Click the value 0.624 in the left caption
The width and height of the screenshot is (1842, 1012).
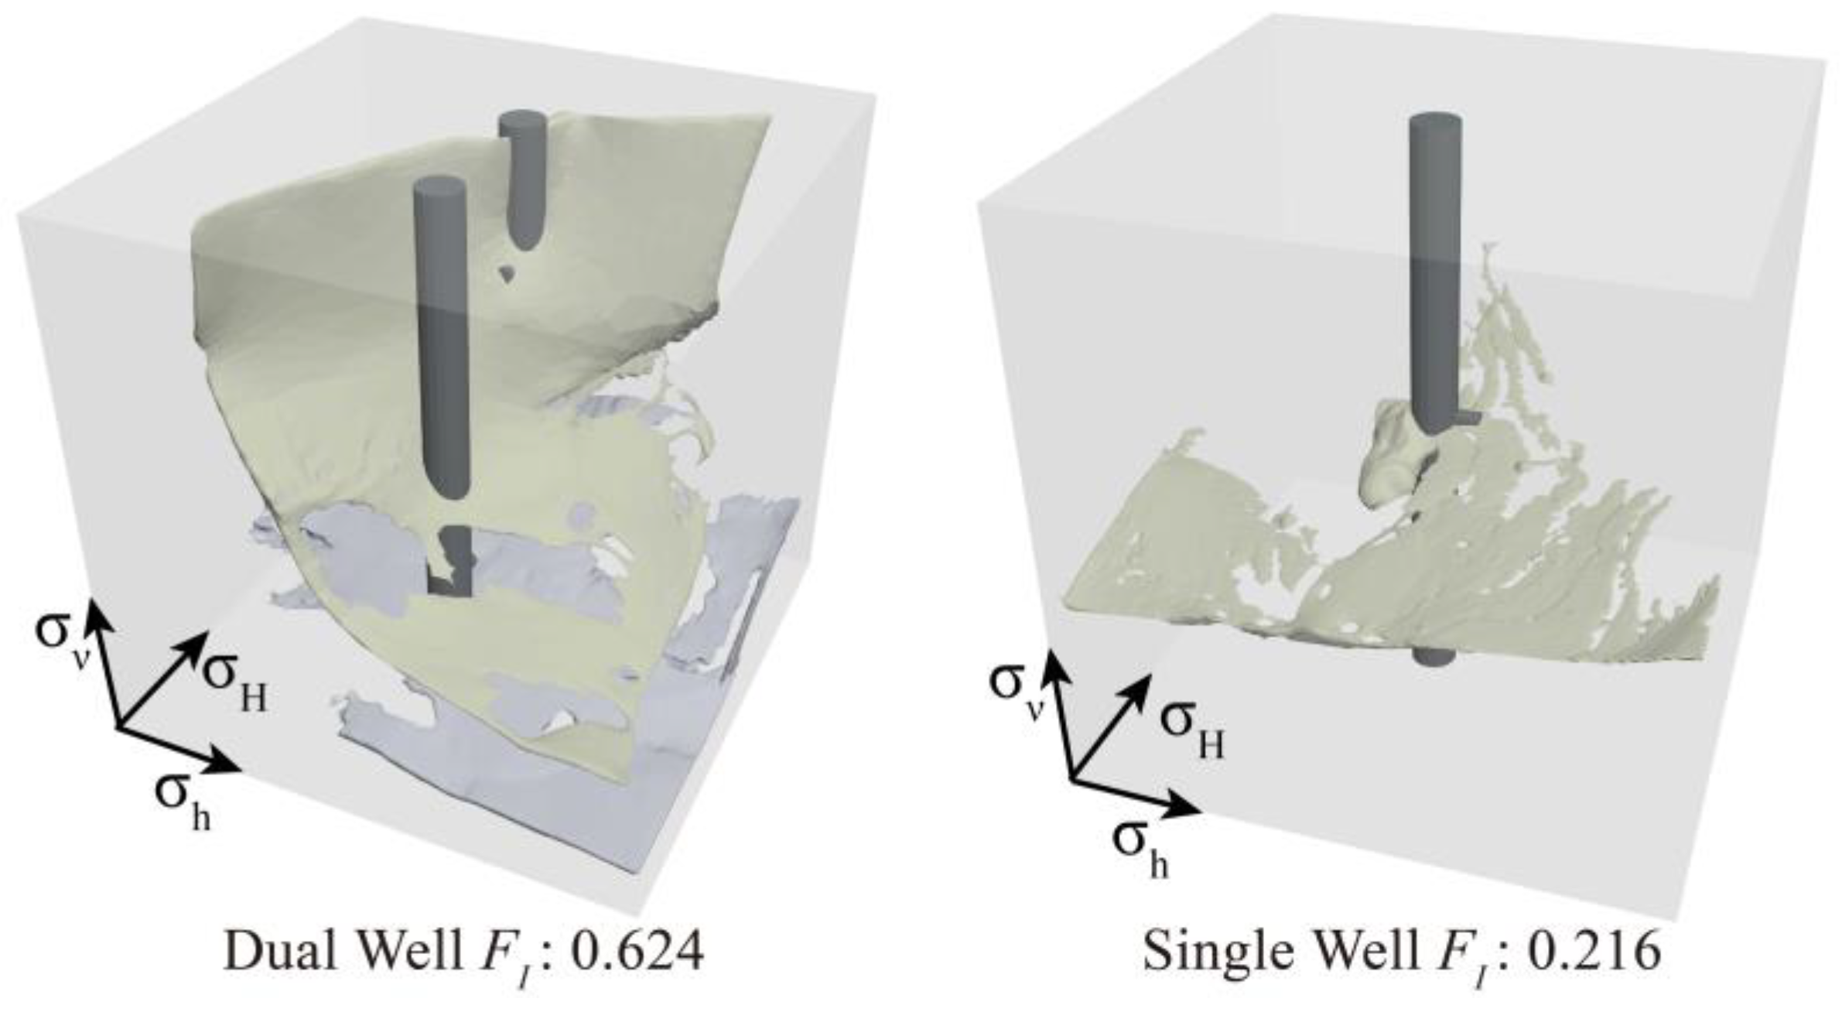click(637, 951)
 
